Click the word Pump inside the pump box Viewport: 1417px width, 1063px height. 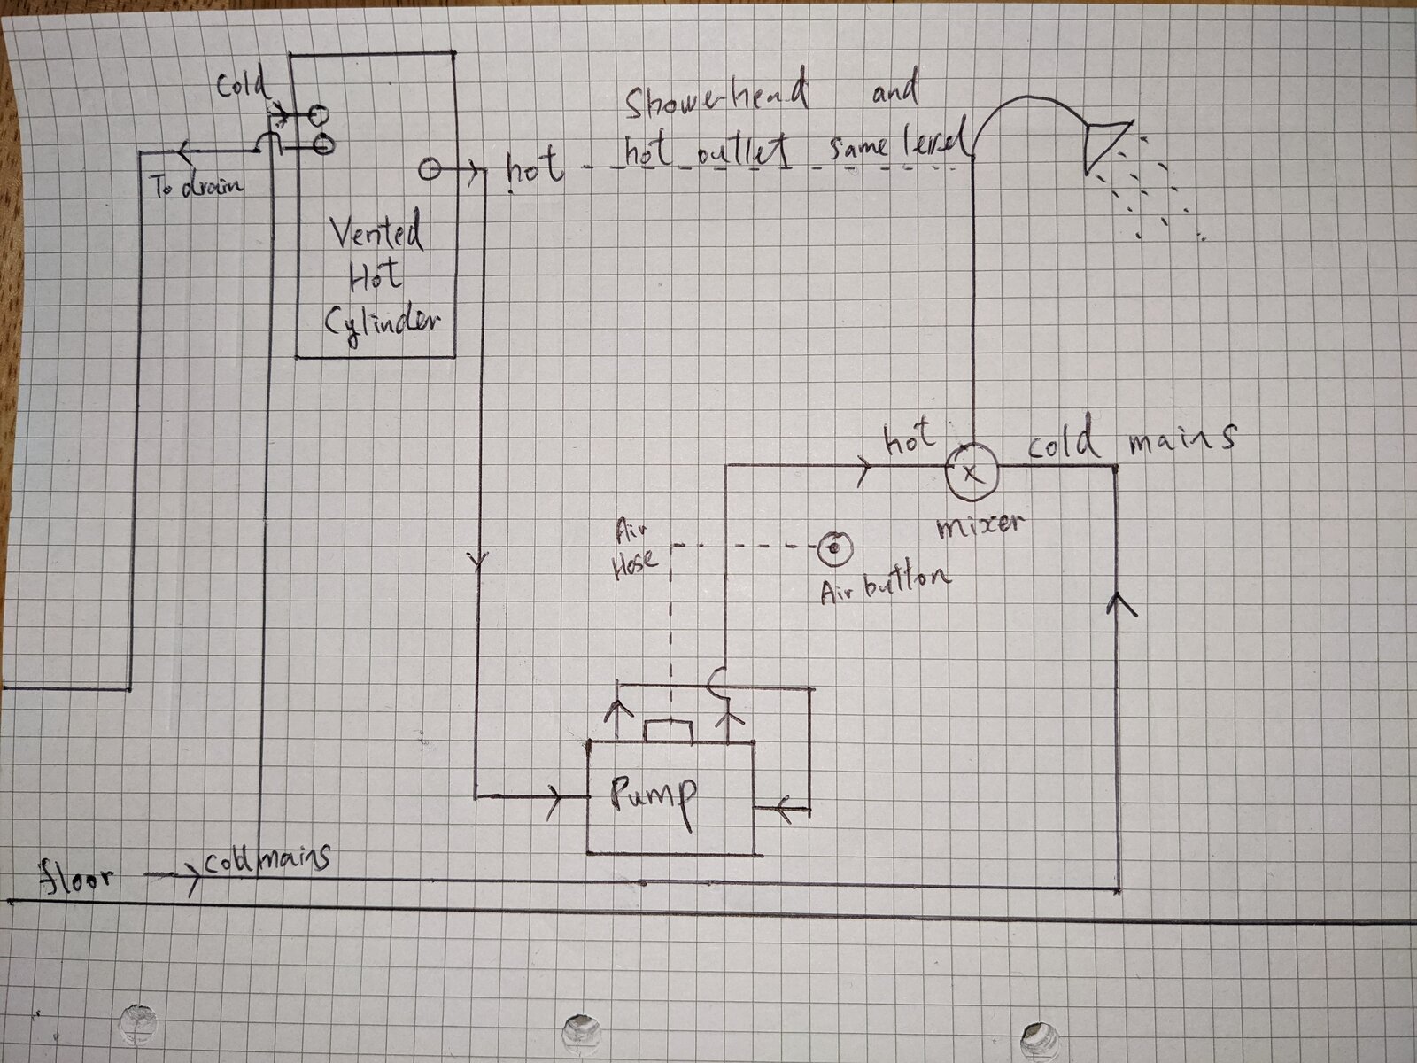tap(654, 795)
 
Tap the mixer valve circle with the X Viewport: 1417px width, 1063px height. tap(971, 471)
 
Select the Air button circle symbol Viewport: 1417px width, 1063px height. tap(834, 550)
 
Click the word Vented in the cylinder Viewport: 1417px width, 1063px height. tap(376, 234)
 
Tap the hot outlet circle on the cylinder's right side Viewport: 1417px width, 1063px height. tap(430, 168)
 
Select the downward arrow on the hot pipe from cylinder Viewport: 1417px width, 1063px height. tap(478, 560)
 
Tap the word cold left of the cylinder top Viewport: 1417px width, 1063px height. tap(240, 86)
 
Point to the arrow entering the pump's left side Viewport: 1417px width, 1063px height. tap(556, 796)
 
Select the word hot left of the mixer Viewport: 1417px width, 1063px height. tap(907, 437)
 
